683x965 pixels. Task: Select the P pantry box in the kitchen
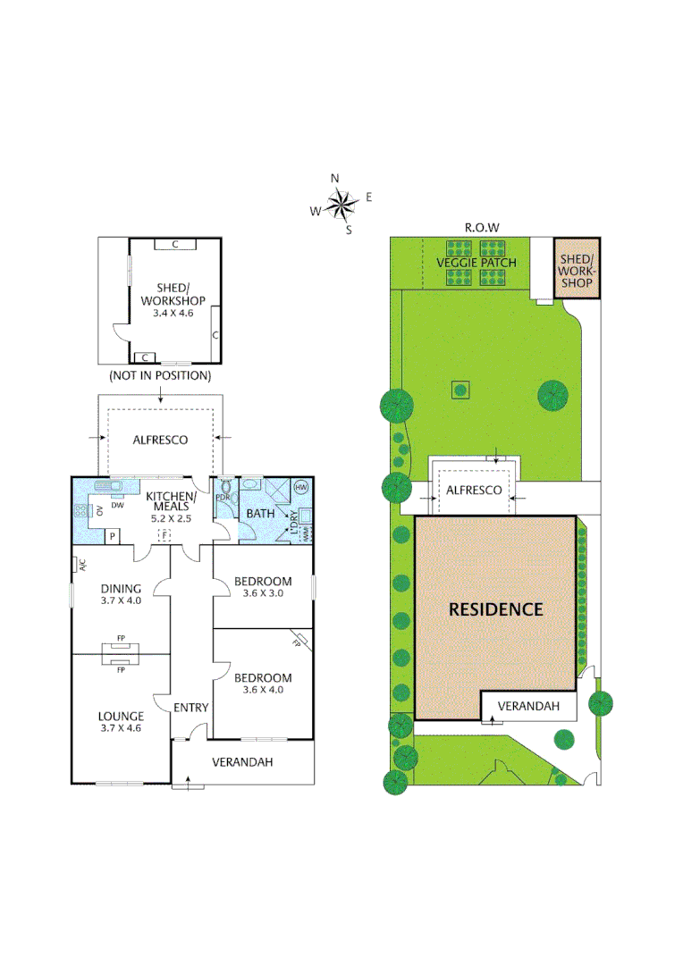113,535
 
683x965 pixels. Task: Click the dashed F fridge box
164,533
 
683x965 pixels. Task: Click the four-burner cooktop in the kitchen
82,511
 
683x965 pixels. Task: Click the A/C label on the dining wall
80,564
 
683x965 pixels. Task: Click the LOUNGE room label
120,716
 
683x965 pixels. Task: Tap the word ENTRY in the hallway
190,708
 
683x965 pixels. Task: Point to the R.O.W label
481,227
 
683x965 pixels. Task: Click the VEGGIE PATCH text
476,263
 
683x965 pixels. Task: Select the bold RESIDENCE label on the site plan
495,609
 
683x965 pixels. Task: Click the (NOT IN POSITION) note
159,375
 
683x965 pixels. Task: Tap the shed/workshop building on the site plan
576,268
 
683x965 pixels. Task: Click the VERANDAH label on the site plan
527,706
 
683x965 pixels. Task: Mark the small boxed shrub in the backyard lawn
460,390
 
